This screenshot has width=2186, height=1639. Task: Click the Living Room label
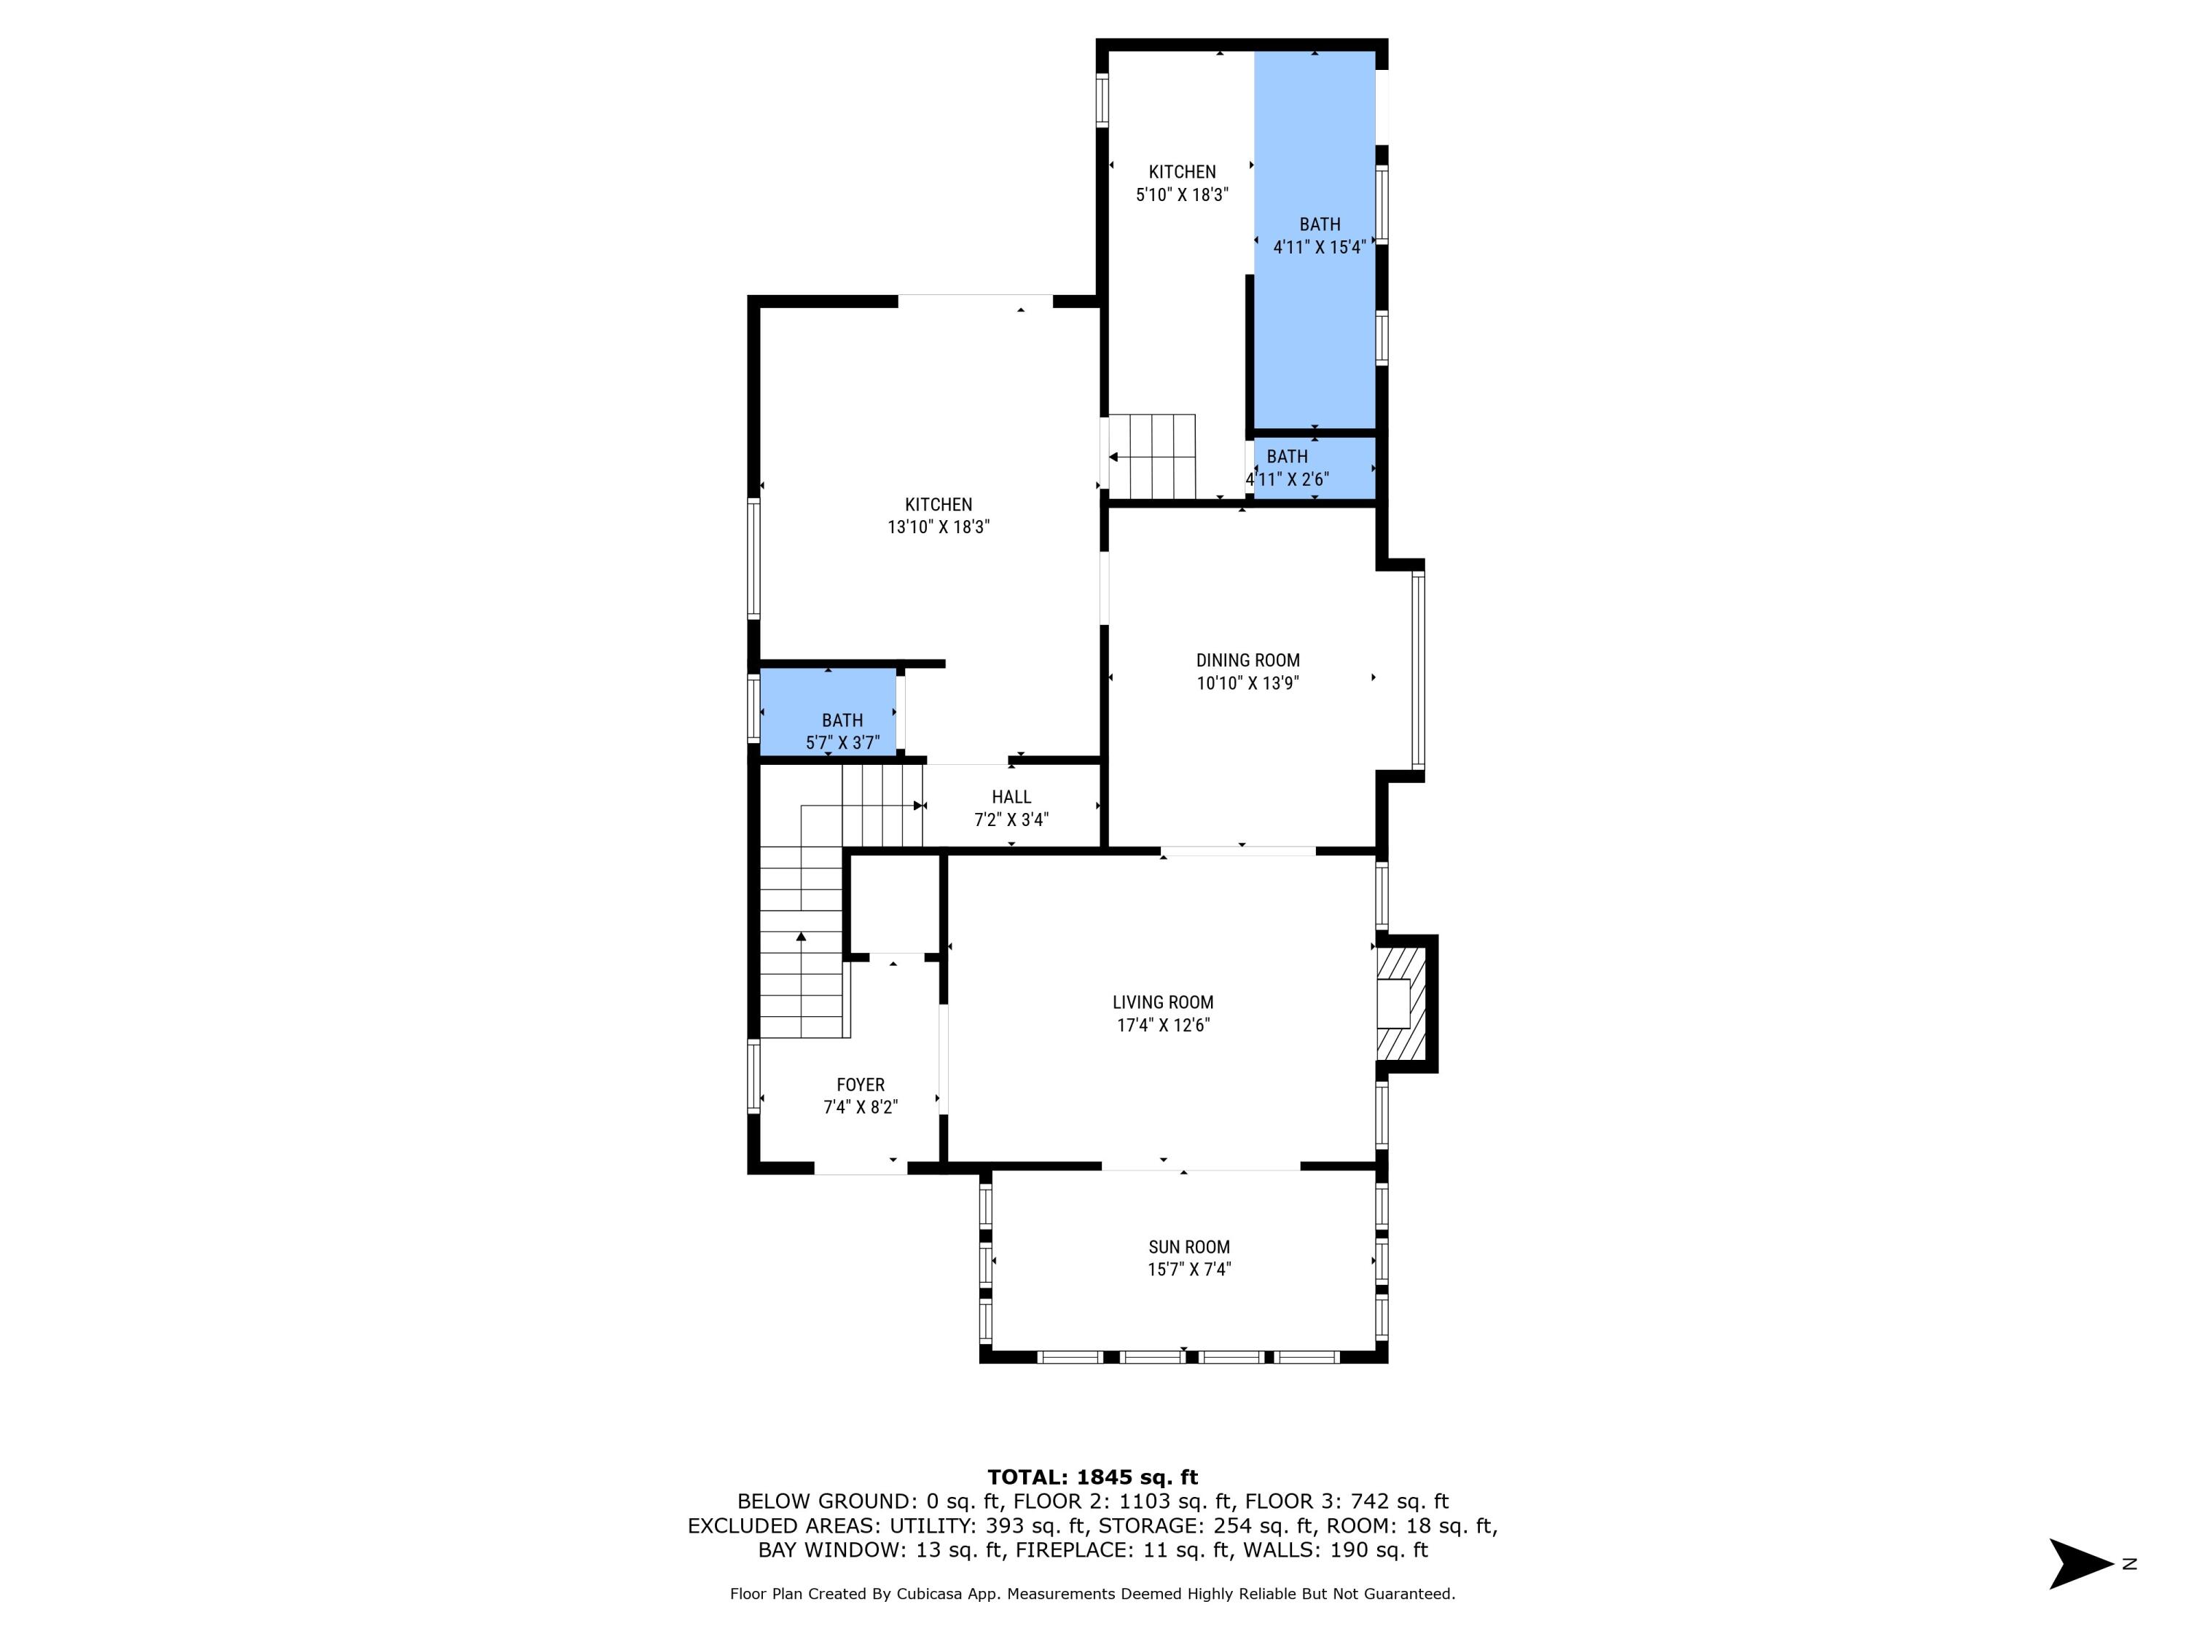pos(1162,1002)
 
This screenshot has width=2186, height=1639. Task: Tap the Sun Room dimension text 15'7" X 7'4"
pos(1189,1270)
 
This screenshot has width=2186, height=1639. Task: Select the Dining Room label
pos(1247,660)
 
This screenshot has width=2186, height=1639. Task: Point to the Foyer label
pos(860,1085)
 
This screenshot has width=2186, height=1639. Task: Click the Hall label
pos(1011,796)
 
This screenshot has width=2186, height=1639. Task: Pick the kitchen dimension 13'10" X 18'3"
pos(938,527)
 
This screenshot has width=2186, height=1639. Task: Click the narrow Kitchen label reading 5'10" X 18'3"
pos(1182,172)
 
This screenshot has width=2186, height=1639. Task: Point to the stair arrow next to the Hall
pos(919,805)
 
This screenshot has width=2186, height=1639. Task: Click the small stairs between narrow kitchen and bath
pos(1152,457)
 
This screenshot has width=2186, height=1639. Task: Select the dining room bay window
pos(1417,671)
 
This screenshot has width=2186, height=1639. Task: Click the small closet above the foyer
pos(894,904)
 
